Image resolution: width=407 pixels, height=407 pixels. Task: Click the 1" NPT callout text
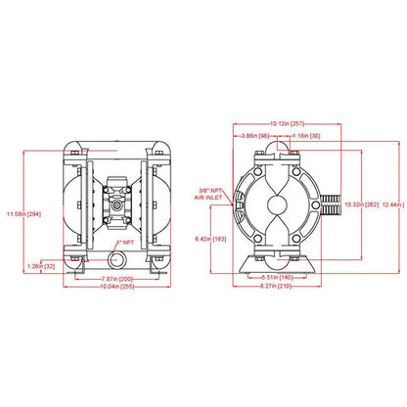[x=127, y=242]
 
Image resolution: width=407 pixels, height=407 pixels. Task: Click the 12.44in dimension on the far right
[x=390, y=203]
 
